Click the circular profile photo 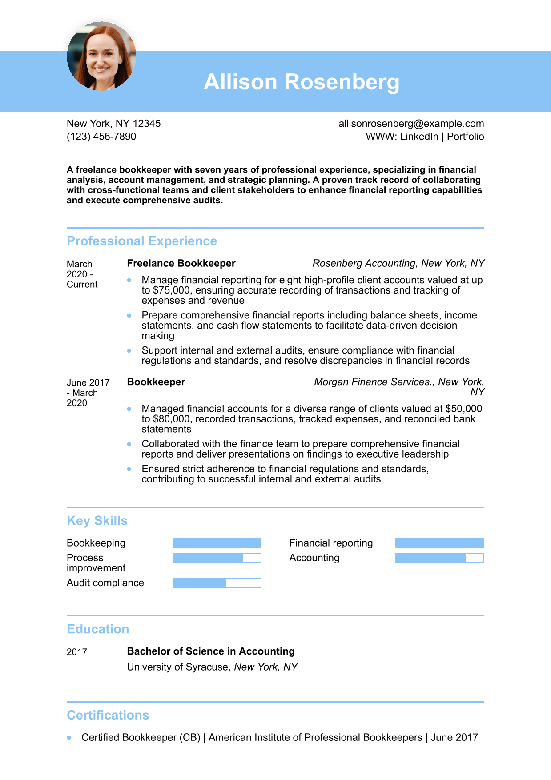pos(101,56)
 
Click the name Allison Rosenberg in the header pos(302,82)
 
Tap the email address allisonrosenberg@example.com pos(411,124)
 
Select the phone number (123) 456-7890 pos(101,137)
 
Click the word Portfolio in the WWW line pos(465,137)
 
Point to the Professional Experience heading pos(142,241)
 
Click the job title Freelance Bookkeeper pos(181,263)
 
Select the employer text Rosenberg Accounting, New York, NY pos(398,263)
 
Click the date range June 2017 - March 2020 pos(88,393)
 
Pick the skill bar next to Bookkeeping pos(217,543)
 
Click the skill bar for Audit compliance pos(217,583)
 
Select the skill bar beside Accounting pos(439,558)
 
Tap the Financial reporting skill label pos(331,543)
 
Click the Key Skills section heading pos(97,521)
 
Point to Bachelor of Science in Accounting pos(211,651)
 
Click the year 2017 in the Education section pos(77,652)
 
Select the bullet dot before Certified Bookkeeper pos(69,737)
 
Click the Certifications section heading pos(108,715)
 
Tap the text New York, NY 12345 pos(114,124)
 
